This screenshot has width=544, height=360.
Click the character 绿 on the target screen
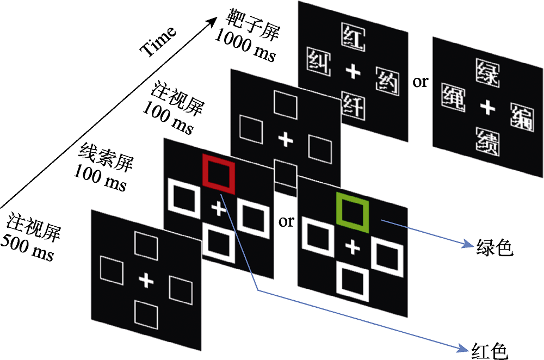487,73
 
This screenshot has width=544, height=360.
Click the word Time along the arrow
158,41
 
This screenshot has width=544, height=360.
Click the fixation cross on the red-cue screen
218,208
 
